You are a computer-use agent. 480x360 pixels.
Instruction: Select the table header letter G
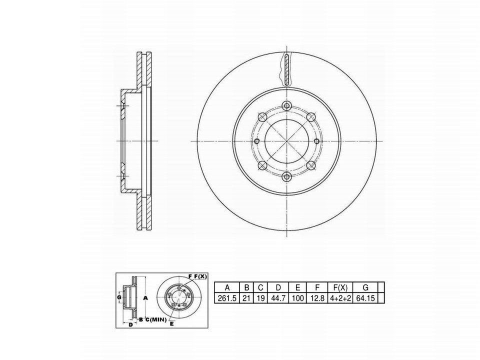[x=365, y=287]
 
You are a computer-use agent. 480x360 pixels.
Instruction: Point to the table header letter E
[x=297, y=287]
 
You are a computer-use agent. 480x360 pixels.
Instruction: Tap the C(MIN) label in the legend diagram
[x=155, y=319]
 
